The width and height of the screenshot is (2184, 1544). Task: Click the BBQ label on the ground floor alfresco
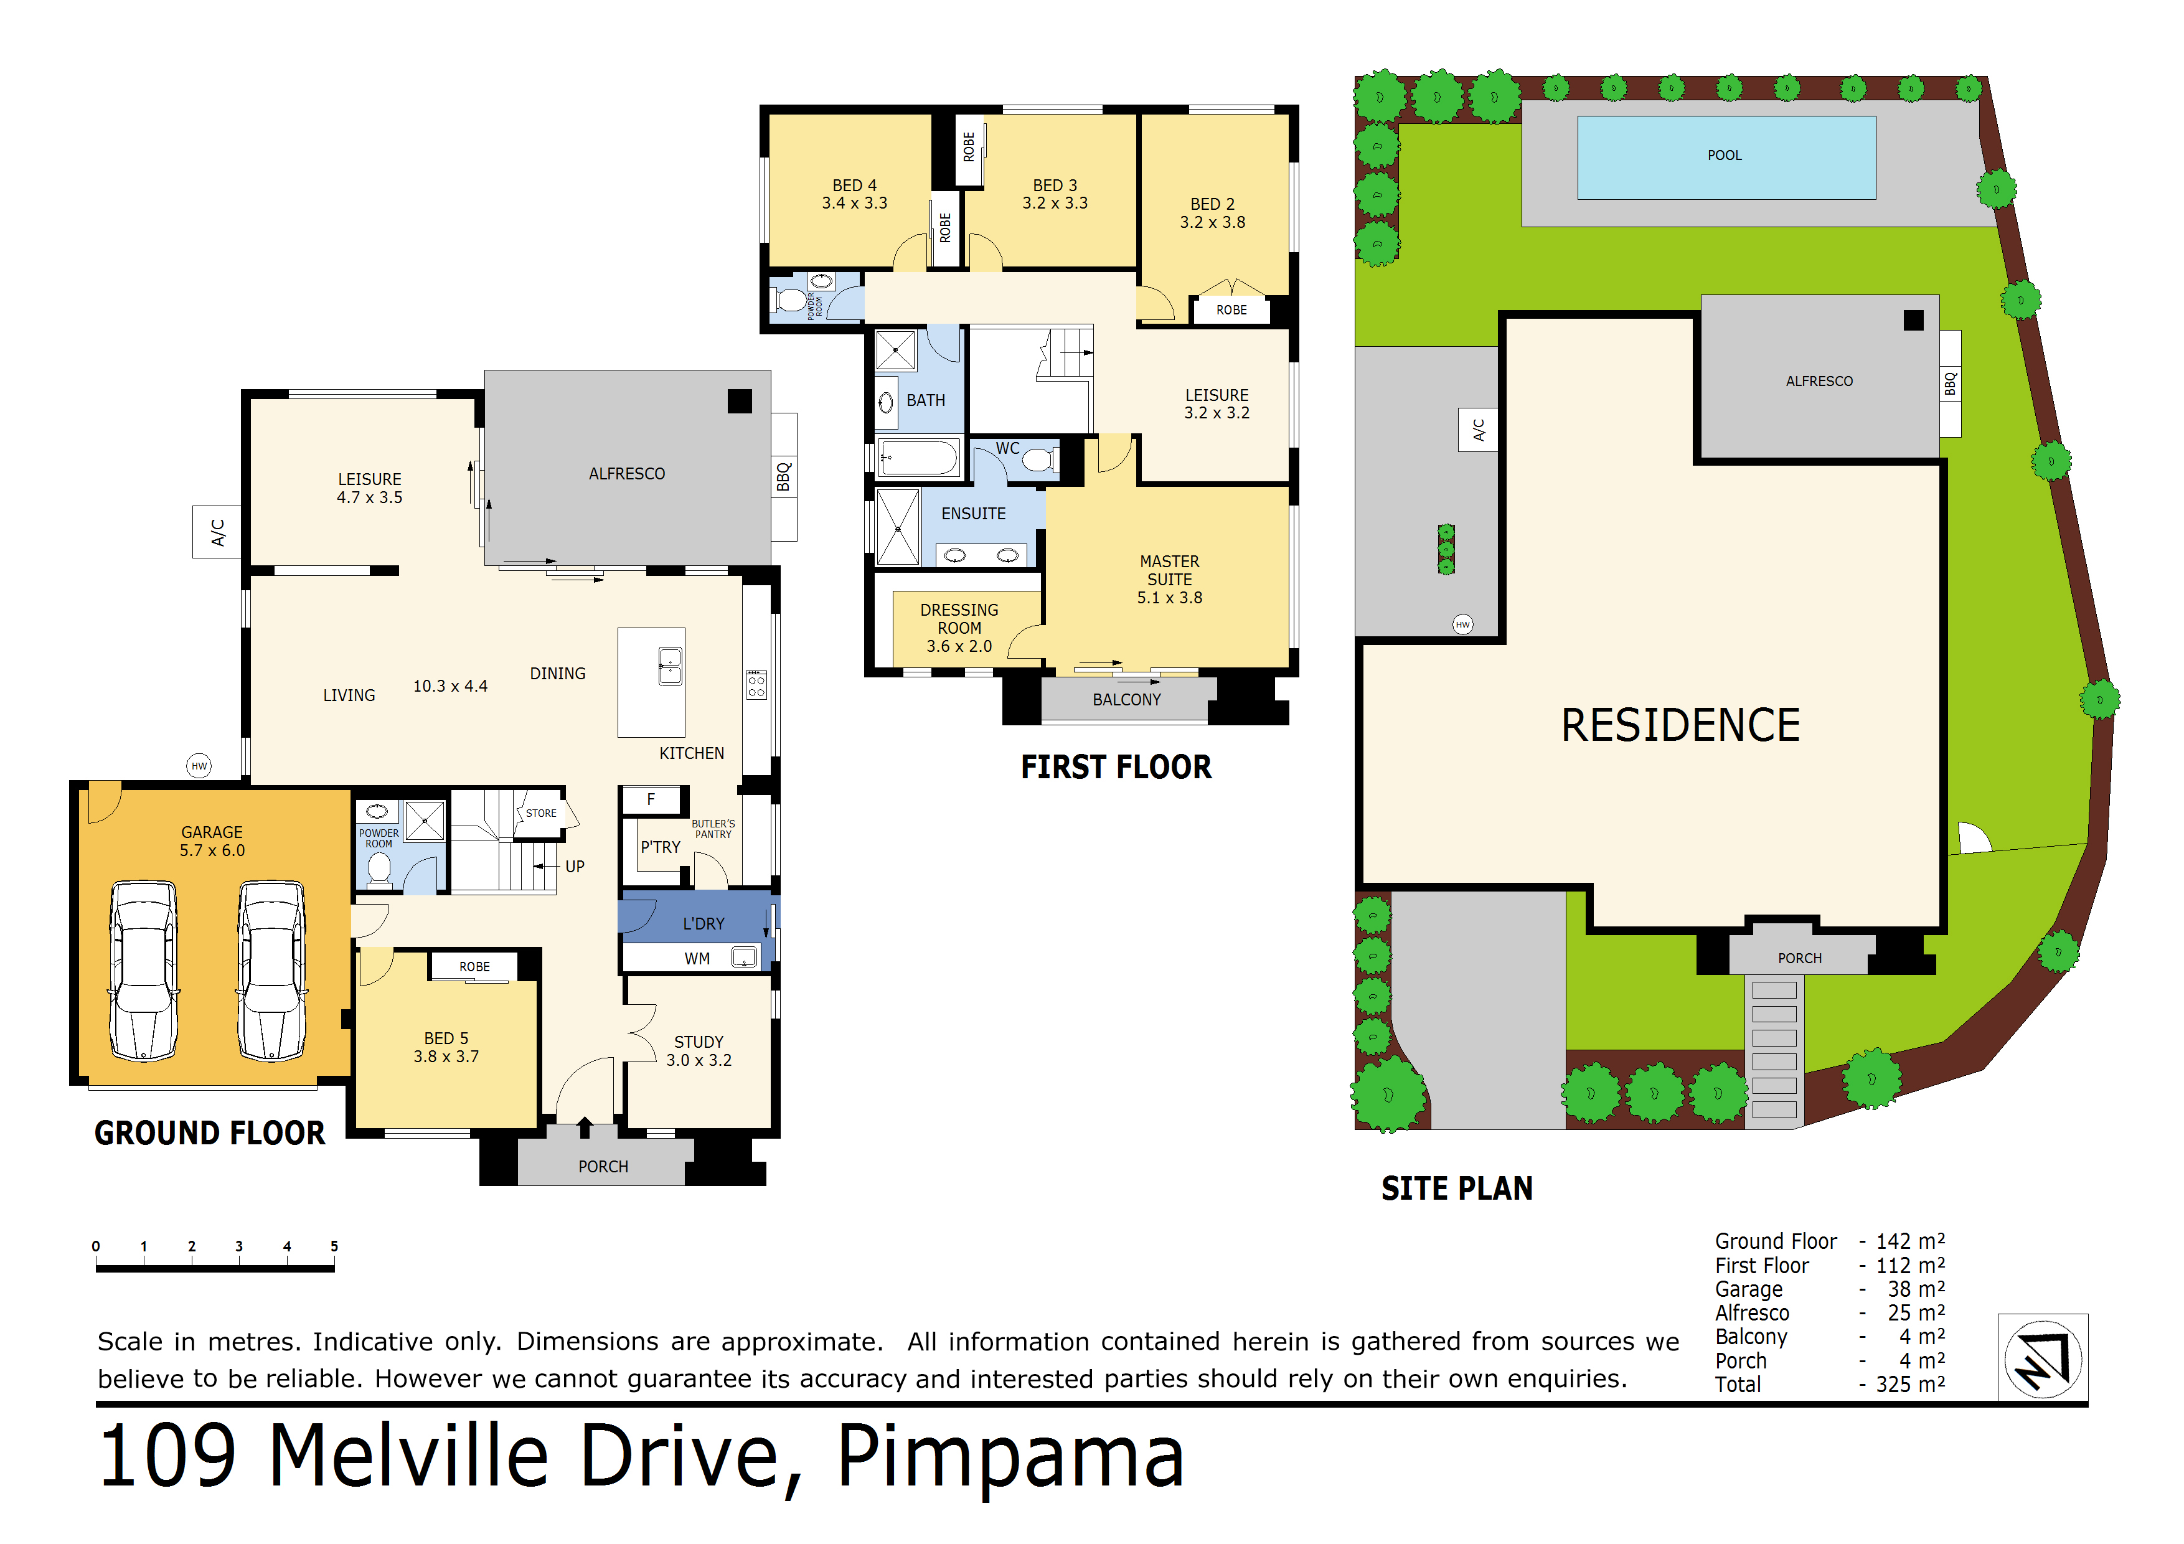[784, 476]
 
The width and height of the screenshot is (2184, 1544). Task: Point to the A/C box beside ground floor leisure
[217, 532]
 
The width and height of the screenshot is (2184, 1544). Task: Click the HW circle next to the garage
[199, 766]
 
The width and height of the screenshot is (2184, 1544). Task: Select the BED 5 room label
[446, 1047]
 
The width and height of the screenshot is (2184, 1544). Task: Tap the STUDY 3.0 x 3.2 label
[699, 1050]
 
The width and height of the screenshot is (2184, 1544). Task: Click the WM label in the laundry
[697, 959]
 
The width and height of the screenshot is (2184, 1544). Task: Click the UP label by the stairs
[575, 867]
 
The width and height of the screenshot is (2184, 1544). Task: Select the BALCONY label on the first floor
[1126, 699]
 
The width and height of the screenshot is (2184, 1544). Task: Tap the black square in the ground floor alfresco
[739, 402]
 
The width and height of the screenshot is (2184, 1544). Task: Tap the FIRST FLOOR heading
[1116, 767]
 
